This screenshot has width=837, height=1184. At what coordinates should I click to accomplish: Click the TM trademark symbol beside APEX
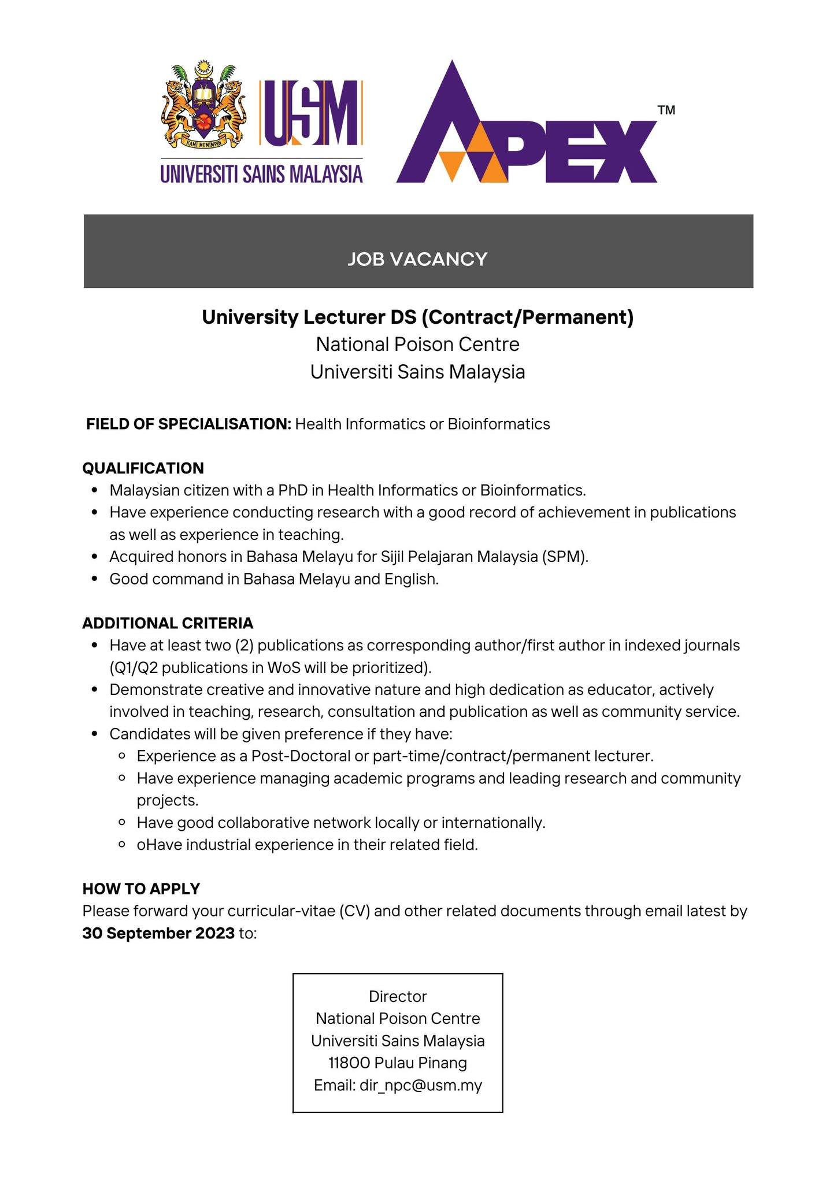tap(666, 110)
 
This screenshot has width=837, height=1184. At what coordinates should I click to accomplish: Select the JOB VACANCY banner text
tap(417, 258)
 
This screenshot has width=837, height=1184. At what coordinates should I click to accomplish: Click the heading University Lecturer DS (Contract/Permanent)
tap(417, 317)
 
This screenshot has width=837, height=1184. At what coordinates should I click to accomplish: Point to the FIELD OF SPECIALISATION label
tap(188, 424)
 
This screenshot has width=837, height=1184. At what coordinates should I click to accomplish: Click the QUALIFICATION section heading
tap(143, 468)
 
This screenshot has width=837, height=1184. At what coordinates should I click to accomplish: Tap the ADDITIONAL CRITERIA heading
tap(168, 623)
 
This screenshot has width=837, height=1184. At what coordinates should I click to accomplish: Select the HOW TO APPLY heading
tap(141, 888)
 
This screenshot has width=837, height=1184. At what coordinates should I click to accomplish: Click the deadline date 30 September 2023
tap(158, 933)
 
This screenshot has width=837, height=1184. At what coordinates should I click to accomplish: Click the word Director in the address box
tap(398, 996)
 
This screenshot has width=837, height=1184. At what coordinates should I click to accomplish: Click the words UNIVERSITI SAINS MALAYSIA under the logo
tap(261, 174)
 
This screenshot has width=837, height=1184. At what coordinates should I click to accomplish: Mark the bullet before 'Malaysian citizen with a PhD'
tap(95, 490)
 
